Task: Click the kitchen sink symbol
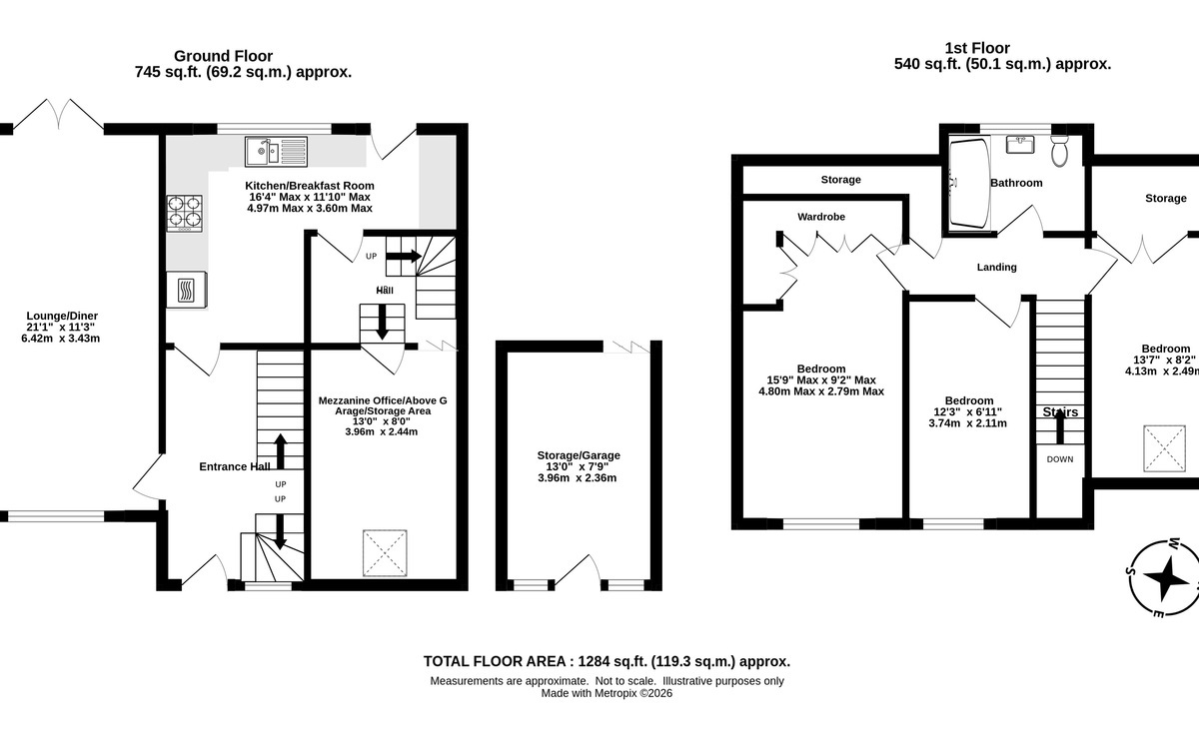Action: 276,152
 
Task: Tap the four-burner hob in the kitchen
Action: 184,214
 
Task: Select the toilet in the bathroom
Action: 1059,151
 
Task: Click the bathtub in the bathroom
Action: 969,184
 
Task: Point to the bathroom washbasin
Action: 1020,145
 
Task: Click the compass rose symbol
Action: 1164,578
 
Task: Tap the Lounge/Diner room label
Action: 62,316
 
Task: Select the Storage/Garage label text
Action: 579,455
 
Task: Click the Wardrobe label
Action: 821,217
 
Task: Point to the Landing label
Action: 997,267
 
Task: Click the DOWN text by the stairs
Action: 1060,459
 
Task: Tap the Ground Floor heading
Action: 223,56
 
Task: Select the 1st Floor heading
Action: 977,48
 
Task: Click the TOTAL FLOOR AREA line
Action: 607,662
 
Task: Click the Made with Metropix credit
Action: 606,693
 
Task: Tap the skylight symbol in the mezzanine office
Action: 385,553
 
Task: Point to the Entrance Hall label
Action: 235,466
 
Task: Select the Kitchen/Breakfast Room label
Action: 310,186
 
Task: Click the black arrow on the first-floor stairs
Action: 1060,426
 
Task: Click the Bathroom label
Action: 1016,183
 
